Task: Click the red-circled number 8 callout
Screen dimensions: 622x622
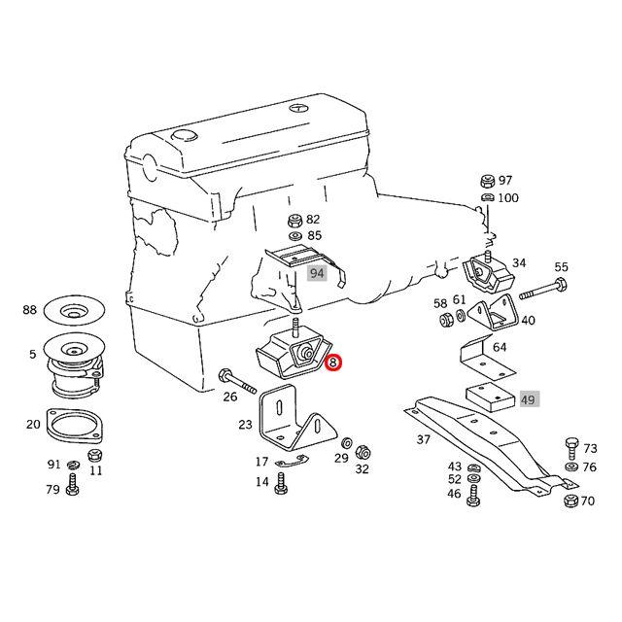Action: coord(332,363)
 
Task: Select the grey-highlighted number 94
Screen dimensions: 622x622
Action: coord(317,273)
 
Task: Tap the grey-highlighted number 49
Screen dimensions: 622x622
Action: coord(529,399)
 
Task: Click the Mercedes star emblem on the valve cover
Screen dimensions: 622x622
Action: coord(298,108)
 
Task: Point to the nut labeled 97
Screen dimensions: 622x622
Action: coord(488,181)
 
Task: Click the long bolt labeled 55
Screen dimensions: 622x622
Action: coord(542,290)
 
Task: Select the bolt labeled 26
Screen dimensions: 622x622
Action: coord(237,381)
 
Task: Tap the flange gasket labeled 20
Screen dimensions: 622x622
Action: coord(75,426)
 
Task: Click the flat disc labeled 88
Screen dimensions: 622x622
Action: coord(74,310)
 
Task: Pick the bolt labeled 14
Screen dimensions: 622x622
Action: coord(281,483)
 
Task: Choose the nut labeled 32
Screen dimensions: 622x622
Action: coord(362,452)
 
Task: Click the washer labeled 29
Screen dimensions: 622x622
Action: coord(346,442)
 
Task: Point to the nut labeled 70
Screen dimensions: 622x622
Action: coord(570,501)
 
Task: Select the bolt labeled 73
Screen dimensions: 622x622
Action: coord(571,448)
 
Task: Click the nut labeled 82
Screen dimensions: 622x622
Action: coord(294,220)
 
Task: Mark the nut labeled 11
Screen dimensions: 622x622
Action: coord(95,455)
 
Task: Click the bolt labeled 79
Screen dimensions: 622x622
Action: coord(73,485)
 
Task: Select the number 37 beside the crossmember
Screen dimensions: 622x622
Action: coord(424,439)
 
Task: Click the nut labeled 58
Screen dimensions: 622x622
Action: coord(447,319)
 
